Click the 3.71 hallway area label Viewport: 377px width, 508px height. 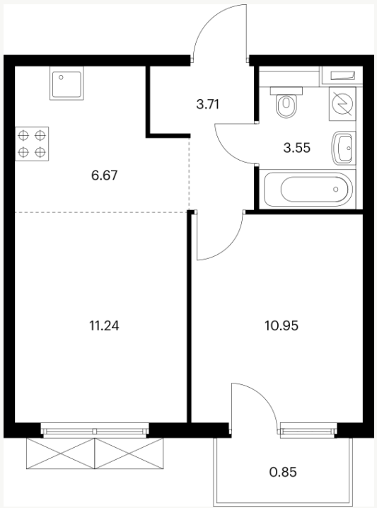click(x=208, y=105)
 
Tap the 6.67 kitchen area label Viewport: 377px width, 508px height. click(x=104, y=175)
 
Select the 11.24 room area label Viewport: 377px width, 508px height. click(x=104, y=325)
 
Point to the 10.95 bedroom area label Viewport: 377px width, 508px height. click(x=282, y=325)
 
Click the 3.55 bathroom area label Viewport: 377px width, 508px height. click(x=296, y=148)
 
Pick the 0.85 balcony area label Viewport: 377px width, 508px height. click(x=283, y=472)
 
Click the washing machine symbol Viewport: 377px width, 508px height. click(x=342, y=104)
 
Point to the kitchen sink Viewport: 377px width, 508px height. click(x=66, y=83)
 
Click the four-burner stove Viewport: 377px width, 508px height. click(x=32, y=144)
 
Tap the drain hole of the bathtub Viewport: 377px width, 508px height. click(x=336, y=189)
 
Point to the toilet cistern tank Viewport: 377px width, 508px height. click(x=286, y=91)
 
